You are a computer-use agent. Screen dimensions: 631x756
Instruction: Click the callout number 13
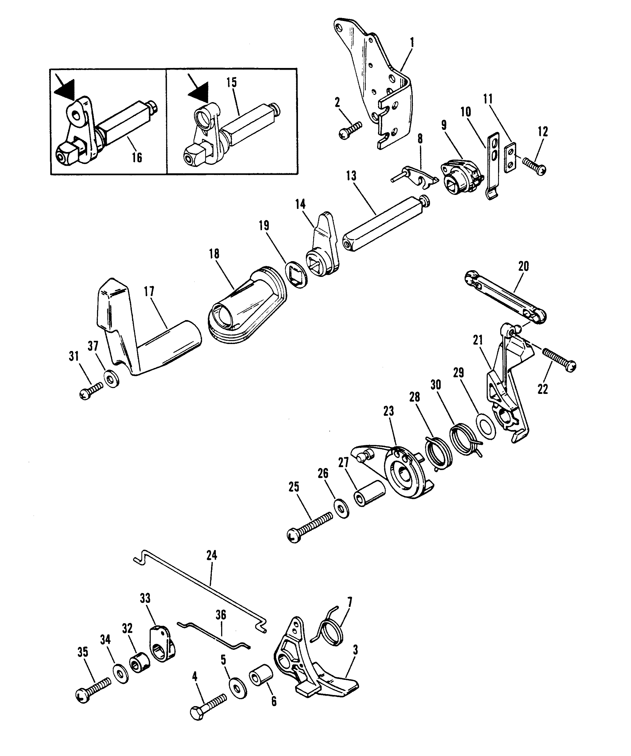(x=351, y=176)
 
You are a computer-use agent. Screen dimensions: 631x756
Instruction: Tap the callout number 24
(x=212, y=556)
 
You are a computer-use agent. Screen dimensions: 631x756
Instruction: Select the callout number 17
(x=149, y=291)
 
